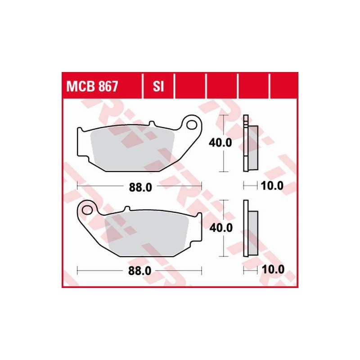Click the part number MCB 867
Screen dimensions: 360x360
[x=93, y=86]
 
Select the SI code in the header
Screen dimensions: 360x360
[x=158, y=86]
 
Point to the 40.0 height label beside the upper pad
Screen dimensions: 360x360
[x=220, y=143]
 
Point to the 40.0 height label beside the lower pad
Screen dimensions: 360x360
[x=220, y=228]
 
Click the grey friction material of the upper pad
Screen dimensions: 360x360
[x=130, y=148]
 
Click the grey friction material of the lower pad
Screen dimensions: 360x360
[x=148, y=234]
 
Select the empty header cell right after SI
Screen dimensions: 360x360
[x=189, y=86]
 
